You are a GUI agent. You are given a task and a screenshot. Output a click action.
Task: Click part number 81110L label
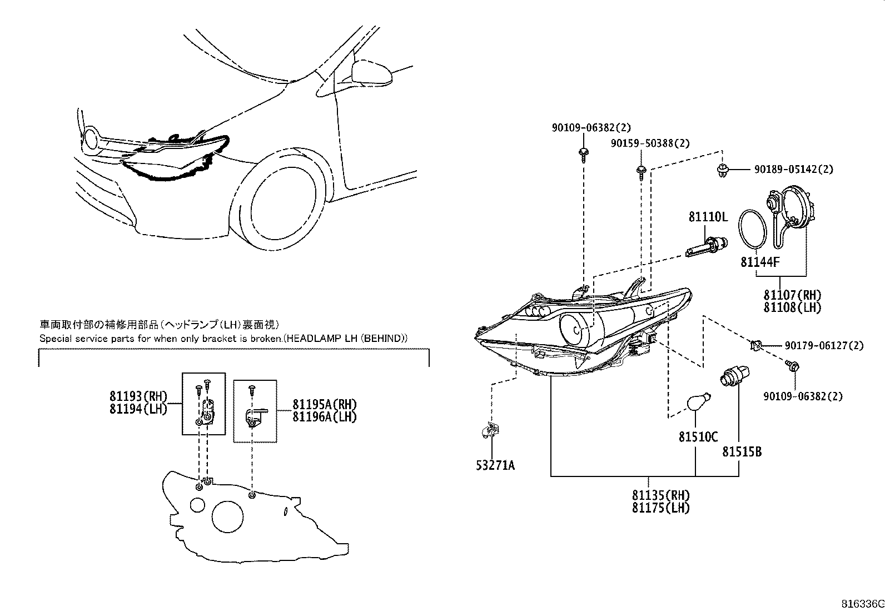click(708, 217)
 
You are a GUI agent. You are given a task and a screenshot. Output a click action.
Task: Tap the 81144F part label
click(760, 261)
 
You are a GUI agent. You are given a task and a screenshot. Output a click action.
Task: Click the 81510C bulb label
click(698, 437)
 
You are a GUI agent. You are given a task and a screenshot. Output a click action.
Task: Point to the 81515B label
click(742, 452)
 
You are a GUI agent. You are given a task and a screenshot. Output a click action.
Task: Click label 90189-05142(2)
click(793, 169)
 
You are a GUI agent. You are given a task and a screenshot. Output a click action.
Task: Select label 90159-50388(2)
click(650, 143)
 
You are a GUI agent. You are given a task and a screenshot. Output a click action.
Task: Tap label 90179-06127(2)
click(824, 346)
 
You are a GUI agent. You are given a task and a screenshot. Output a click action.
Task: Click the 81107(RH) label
click(792, 295)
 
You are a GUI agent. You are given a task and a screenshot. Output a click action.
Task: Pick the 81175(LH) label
click(660, 507)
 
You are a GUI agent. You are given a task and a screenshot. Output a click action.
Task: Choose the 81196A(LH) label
click(325, 416)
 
